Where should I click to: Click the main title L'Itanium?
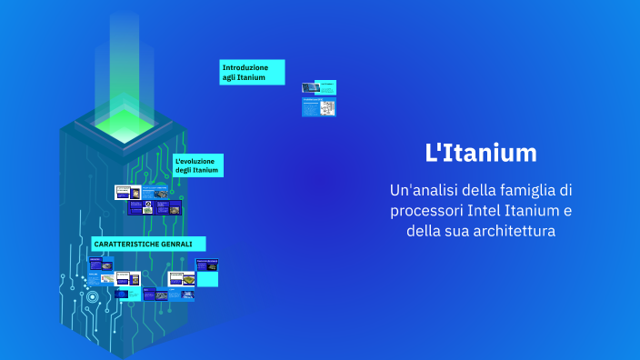tap(481, 154)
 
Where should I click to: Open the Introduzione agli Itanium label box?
tap(252, 72)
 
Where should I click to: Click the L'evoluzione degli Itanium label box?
tap(197, 165)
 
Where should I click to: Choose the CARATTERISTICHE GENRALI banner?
tap(147, 244)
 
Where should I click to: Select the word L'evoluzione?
tap(195, 160)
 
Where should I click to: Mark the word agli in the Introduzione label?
tap(229, 77)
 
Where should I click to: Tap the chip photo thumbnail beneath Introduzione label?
tap(318, 87)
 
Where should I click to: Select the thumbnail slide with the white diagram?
tap(318, 107)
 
